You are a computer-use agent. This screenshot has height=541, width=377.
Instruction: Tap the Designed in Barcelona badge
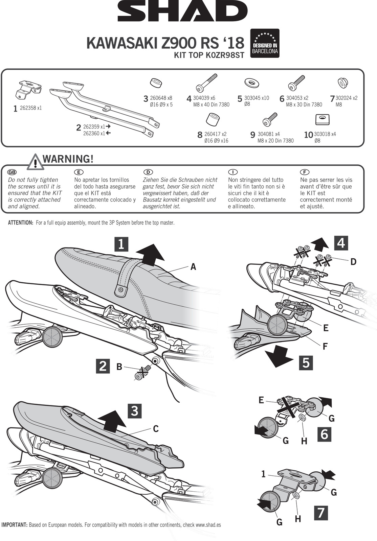(x=265, y=43)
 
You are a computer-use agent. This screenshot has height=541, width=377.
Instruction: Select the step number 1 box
(x=121, y=244)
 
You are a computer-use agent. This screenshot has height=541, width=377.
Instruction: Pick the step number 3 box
(x=135, y=410)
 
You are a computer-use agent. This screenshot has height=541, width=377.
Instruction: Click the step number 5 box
(x=306, y=363)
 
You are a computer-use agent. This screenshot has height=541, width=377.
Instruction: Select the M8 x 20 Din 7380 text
(x=275, y=141)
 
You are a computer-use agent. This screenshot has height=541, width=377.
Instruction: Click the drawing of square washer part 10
(x=322, y=119)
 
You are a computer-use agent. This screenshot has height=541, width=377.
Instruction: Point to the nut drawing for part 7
(x=343, y=83)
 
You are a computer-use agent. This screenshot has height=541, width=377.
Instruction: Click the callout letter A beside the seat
(x=193, y=267)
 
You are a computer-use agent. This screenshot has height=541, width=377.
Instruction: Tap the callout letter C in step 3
(x=156, y=429)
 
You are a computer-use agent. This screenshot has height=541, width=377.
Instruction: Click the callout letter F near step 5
(x=325, y=346)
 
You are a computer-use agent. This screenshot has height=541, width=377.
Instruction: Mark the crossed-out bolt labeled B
(x=141, y=373)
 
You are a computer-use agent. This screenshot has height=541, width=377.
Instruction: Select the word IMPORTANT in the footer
(x=14, y=525)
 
